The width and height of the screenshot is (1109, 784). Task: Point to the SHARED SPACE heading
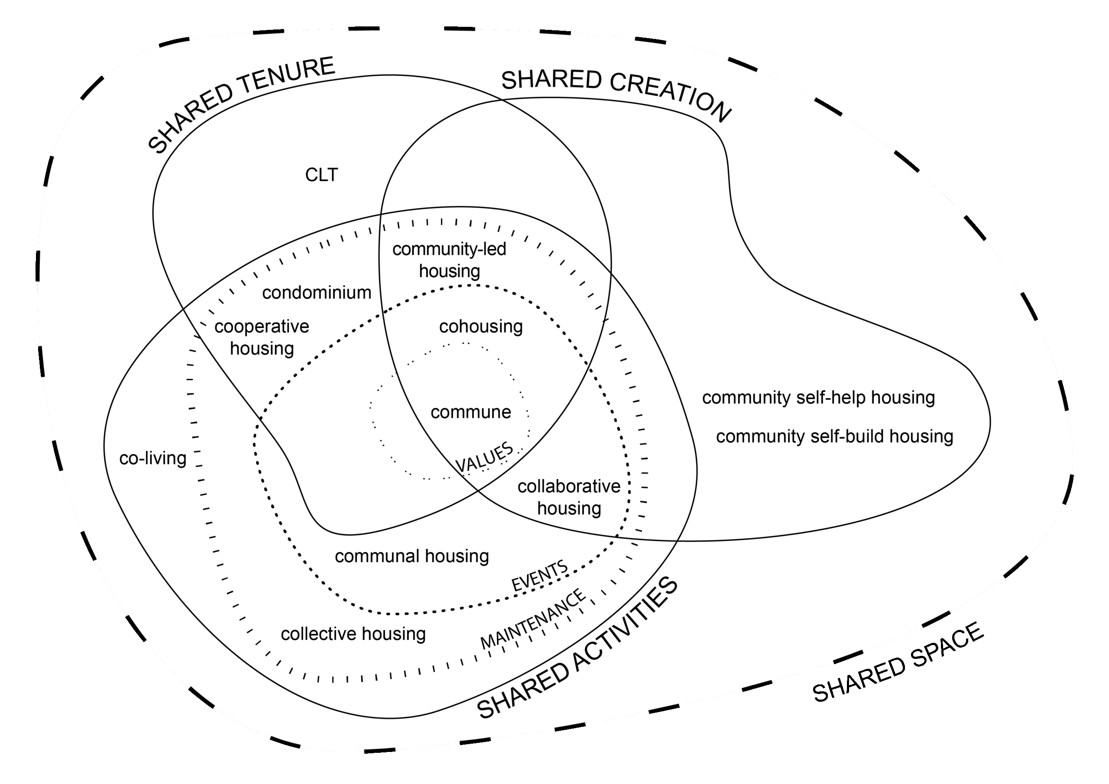(898, 662)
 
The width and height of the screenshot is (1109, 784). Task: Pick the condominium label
(316, 293)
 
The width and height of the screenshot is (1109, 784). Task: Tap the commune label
(470, 412)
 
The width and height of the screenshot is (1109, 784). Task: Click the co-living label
(152, 458)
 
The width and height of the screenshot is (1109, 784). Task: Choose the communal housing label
(412, 556)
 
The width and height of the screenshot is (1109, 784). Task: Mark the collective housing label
(353, 634)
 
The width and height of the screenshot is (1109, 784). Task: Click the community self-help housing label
(818, 398)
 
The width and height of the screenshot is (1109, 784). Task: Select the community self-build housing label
(834, 436)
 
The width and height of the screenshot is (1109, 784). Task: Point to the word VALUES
(484, 457)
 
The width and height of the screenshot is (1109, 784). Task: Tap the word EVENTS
(539, 576)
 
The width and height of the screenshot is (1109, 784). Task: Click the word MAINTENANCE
(533, 619)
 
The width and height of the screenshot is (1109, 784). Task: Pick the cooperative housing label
(262, 337)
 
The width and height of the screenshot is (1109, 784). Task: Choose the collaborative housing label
(569, 497)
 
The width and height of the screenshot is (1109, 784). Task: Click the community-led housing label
(449, 260)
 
